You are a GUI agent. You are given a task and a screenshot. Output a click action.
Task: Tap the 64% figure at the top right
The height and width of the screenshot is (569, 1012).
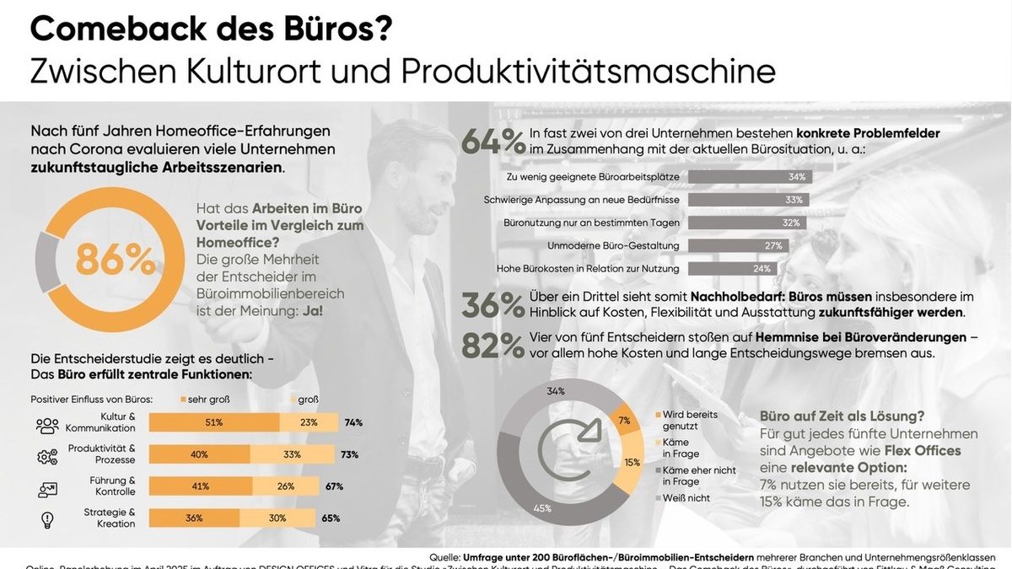coord(493,141)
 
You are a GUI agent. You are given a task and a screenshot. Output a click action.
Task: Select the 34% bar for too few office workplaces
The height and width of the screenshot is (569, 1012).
coord(745,177)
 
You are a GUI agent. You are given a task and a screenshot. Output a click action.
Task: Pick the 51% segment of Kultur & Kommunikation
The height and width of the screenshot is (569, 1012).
coord(213,422)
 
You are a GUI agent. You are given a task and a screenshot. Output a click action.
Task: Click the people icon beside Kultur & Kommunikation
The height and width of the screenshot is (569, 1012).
coord(47,424)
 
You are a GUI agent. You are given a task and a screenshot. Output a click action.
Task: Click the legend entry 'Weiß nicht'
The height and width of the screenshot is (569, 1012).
coord(686,498)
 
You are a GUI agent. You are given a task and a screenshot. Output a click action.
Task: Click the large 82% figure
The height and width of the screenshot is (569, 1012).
coord(493,346)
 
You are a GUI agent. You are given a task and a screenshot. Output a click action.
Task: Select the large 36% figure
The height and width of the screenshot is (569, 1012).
coord(493,307)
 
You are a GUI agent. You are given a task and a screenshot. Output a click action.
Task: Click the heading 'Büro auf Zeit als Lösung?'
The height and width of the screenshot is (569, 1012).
coord(842,416)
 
